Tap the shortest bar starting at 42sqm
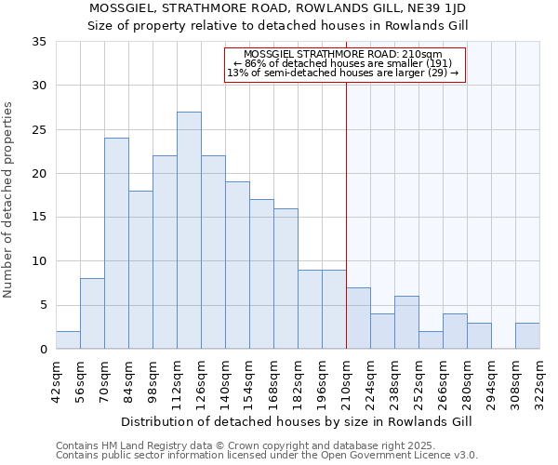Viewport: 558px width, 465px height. coord(68,340)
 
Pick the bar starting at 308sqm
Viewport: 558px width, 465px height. coord(527,336)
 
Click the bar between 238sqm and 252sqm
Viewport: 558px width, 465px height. coord(406,323)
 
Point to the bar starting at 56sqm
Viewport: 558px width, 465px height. coord(92,313)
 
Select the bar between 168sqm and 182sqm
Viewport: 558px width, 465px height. coord(286,279)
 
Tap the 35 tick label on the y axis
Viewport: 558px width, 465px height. coord(39,42)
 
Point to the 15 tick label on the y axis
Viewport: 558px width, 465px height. coord(39,218)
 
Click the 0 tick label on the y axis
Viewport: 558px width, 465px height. coord(43,350)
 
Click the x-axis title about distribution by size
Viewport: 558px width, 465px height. coord(297,421)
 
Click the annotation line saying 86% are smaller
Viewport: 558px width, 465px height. coord(343,63)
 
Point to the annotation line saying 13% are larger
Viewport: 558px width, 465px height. coord(343,73)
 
